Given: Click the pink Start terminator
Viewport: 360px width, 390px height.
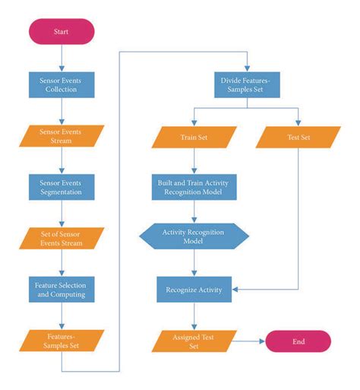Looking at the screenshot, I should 62,32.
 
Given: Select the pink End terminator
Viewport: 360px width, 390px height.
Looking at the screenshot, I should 298,341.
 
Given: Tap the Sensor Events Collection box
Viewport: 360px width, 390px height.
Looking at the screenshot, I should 62,84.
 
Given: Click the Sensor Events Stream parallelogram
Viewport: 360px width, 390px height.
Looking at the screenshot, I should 62,136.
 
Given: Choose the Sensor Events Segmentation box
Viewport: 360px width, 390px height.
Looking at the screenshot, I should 62,188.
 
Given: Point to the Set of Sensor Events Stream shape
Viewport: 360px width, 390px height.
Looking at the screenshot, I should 62,239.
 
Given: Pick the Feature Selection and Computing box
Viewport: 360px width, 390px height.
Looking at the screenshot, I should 62,290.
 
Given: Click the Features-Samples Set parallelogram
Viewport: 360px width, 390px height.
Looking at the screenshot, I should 62,341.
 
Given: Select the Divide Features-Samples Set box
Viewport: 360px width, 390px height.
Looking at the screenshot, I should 247,84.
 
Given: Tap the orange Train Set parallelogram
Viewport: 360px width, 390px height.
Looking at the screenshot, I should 194,137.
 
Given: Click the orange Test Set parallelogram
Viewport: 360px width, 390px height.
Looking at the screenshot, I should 298,137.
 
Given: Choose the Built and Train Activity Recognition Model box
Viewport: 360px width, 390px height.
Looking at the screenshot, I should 194,188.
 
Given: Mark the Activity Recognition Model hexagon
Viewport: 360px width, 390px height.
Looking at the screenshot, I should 194,237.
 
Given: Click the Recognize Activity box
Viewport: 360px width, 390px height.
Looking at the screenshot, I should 194,289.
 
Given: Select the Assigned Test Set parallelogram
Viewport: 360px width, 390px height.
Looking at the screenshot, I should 194,341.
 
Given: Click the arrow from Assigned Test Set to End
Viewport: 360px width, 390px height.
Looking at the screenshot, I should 246,341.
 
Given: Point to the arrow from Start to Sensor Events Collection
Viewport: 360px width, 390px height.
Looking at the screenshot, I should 62,58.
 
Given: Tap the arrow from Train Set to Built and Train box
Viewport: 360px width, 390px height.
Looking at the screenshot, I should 194,161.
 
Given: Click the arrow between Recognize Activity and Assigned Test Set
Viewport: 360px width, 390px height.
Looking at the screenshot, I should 194,315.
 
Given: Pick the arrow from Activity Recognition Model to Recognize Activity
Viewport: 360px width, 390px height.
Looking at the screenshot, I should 194,264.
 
